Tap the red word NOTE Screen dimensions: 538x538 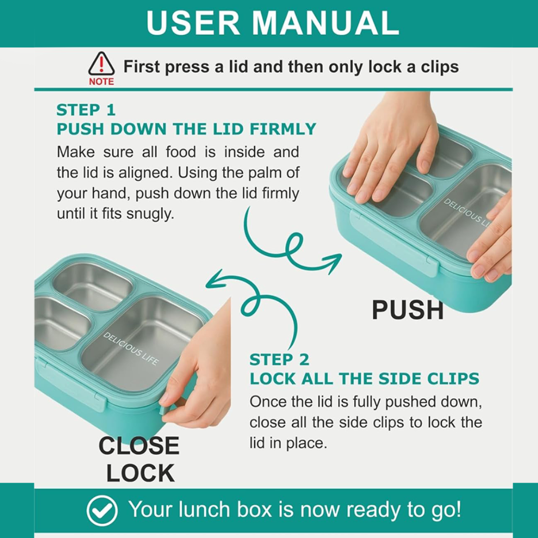101,82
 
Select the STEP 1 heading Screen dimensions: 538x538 86,110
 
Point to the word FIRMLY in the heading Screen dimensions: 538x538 283,129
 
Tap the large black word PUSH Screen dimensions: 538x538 407,310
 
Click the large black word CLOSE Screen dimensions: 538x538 139,446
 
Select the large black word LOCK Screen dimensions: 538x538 140,473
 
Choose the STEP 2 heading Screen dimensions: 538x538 279,360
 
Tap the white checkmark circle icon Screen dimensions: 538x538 102,510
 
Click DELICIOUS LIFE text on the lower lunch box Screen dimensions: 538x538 131,349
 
